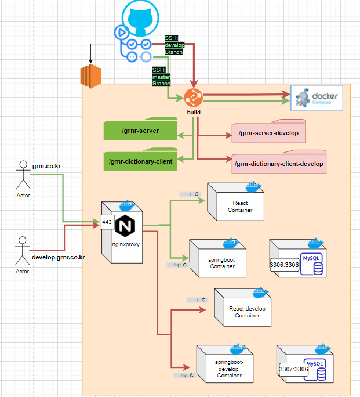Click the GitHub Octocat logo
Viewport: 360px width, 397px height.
[140, 19]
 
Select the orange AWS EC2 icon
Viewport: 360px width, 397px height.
[90, 76]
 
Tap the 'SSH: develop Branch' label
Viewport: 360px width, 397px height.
[174, 45]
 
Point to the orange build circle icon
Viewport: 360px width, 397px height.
[193, 98]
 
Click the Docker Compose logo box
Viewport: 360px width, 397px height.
[317, 97]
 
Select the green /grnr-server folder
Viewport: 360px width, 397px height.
[140, 131]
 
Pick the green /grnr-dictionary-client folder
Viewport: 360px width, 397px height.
[140, 161]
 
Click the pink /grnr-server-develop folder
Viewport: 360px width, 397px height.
[268, 133]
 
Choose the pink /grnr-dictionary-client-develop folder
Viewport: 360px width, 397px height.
[279, 164]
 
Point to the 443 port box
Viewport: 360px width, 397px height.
[107, 222]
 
